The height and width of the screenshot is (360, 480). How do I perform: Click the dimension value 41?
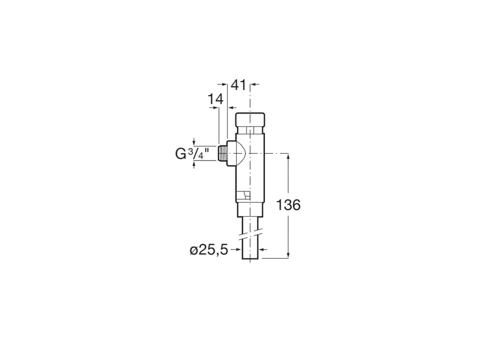pyautogui.click(x=238, y=85)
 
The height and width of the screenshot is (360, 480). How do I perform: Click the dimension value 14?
pyautogui.click(x=216, y=99)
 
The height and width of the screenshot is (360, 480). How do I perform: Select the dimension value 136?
pyautogui.click(x=288, y=205)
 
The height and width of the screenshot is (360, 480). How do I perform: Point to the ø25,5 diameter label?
pyautogui.click(x=208, y=250)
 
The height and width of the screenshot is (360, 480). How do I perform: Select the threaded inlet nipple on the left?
pyautogui.click(x=222, y=153)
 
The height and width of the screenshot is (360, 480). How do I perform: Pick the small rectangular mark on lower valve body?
pyautogui.click(x=242, y=196)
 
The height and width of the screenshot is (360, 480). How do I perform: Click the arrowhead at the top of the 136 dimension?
pyautogui.click(x=288, y=156)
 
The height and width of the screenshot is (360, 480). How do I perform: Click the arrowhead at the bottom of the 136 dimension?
pyautogui.click(x=288, y=254)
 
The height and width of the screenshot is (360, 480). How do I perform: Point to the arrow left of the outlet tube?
pyautogui.click(x=239, y=249)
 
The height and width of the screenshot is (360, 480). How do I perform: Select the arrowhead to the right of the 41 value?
pyautogui.click(x=253, y=84)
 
